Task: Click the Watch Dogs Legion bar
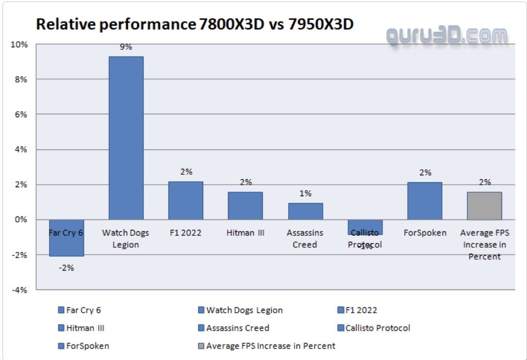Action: [126, 138]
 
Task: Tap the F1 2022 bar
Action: [185, 200]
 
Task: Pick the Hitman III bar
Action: [245, 206]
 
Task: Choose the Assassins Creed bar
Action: [305, 211]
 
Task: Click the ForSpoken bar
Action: [425, 201]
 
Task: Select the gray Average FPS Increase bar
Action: [484, 206]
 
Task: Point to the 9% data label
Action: [126, 47]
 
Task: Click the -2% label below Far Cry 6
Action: [66, 268]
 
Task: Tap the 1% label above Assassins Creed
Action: [305, 194]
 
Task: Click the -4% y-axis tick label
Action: [20, 290]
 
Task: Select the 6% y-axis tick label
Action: [21, 115]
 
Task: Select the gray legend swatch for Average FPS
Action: [201, 346]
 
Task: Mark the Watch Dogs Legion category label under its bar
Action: [126, 238]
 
